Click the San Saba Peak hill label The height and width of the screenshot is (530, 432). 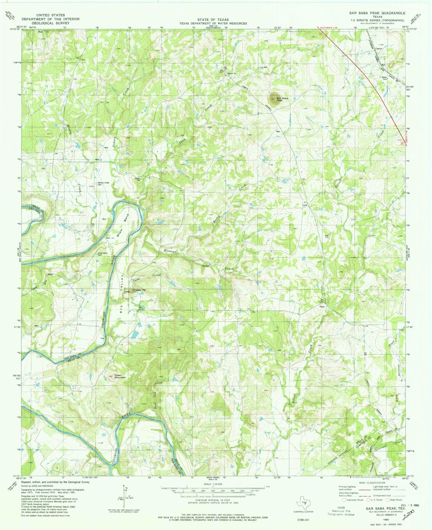click(282, 99)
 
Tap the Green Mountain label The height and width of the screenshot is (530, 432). click(120, 376)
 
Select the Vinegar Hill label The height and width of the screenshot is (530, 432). click(139, 290)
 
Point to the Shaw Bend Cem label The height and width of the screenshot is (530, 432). click(103, 254)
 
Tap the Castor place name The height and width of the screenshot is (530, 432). click(379, 49)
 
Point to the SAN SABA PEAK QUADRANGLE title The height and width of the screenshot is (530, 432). click(377, 13)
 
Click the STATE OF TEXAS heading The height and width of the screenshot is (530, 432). click(213, 20)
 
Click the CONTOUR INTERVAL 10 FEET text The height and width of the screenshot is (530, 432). click(213, 500)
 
